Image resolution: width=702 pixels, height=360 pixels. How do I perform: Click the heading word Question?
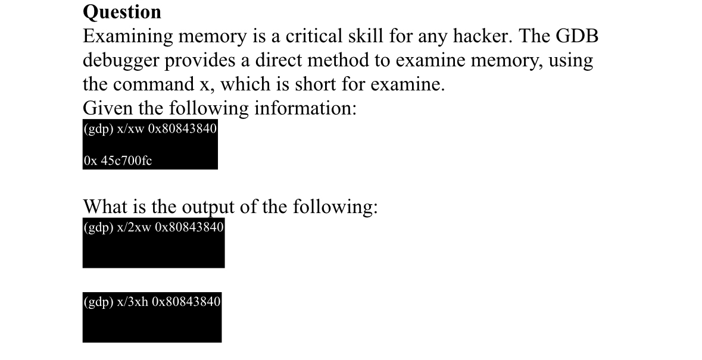coord(122,11)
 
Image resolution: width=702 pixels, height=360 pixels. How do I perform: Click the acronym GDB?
coord(576,37)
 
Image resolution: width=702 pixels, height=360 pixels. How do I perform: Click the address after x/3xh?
coord(186,302)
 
